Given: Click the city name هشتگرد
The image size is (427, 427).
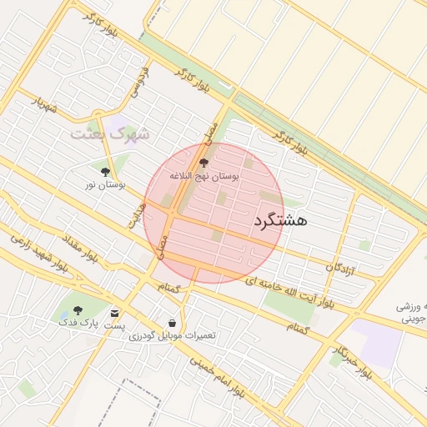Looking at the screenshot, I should [x=279, y=220].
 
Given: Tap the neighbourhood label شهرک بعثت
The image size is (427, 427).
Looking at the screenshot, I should [x=108, y=133].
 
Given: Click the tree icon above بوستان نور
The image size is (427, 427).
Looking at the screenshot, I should [x=104, y=172].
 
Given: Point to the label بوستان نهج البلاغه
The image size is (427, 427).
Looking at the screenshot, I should [x=203, y=177].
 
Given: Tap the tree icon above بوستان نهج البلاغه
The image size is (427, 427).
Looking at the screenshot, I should [x=204, y=163].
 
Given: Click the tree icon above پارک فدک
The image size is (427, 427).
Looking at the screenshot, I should [x=78, y=309].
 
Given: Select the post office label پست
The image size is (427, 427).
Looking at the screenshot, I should [x=113, y=324].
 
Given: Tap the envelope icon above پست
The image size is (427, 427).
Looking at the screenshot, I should [x=114, y=313].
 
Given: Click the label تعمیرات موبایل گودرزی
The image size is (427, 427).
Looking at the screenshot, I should [x=172, y=334].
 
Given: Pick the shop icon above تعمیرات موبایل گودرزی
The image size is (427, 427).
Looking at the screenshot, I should [x=172, y=322].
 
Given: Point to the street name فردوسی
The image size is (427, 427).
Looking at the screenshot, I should [x=138, y=79].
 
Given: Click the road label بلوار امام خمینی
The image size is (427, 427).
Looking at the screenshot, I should [x=217, y=375].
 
